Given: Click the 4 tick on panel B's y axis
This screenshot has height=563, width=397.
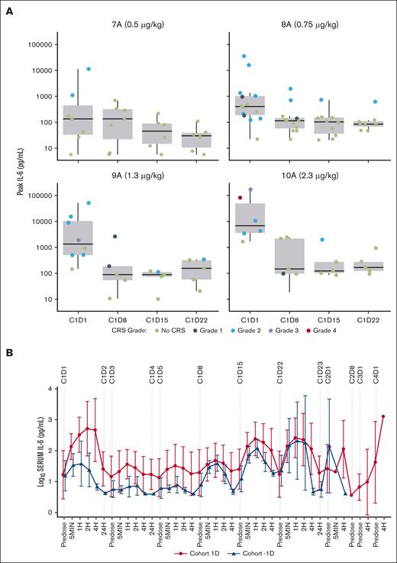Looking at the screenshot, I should [51, 389].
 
